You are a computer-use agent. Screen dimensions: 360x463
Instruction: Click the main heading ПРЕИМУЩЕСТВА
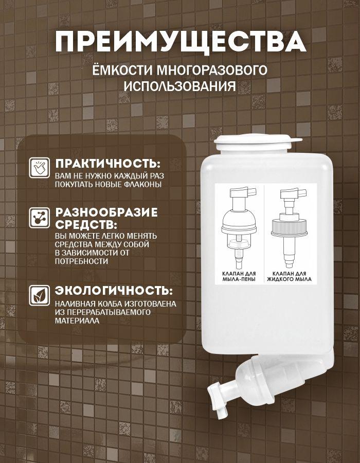click(x=181, y=42)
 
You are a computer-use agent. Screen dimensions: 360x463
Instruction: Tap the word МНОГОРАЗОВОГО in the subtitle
click(x=212, y=70)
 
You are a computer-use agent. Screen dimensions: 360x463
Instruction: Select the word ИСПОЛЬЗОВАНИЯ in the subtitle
click(x=179, y=86)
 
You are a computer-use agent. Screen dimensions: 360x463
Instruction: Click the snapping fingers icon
click(x=39, y=167)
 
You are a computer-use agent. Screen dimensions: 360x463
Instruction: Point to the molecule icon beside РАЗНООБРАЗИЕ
click(x=39, y=218)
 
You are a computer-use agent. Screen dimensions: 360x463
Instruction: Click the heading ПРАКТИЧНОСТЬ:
click(x=108, y=164)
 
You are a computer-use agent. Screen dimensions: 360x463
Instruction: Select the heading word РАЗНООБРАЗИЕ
click(x=106, y=212)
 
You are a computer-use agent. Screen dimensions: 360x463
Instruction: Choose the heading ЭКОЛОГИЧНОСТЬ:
click(x=114, y=291)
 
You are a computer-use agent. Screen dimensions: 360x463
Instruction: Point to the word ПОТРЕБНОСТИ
click(x=81, y=261)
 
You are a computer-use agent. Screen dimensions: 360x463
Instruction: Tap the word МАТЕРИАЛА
click(x=77, y=320)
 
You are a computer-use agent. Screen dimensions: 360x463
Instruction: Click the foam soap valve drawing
click(x=239, y=227)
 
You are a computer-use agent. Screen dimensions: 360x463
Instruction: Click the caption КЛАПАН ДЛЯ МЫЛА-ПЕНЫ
click(x=239, y=276)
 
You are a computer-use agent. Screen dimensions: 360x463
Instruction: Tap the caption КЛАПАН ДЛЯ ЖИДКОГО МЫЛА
click(x=289, y=276)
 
